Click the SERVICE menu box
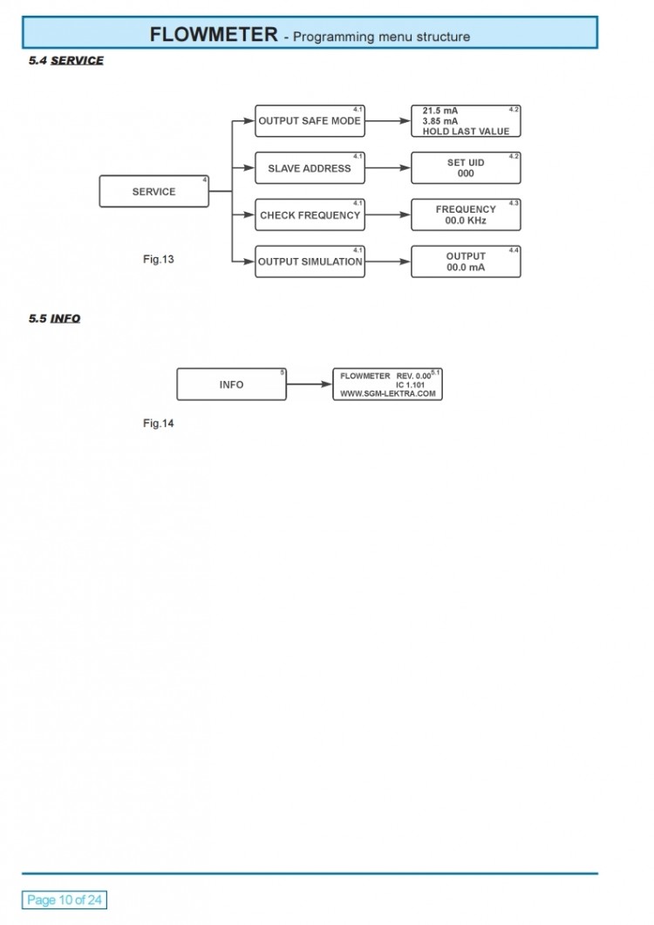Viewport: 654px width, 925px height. click(153, 192)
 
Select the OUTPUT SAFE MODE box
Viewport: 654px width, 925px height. click(310, 121)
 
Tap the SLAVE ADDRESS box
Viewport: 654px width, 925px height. click(310, 168)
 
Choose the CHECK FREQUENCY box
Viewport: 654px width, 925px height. click(310, 215)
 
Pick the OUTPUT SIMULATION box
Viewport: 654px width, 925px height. click(310, 262)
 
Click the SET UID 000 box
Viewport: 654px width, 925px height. click(466, 168)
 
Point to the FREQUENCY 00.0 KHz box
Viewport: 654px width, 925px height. click(466, 215)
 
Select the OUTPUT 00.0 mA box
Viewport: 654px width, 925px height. click(466, 262)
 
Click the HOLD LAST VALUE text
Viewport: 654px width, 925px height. click(466, 132)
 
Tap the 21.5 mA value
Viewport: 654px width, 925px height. click(440, 111)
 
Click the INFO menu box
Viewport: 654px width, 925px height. click(231, 384)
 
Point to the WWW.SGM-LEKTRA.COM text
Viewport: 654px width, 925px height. click(387, 394)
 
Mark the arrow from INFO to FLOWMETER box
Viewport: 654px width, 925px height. click(310, 384)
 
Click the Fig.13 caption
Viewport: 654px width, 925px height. click(159, 259)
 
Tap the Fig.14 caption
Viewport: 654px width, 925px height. click(159, 424)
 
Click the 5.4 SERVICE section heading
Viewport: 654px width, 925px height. click(66, 61)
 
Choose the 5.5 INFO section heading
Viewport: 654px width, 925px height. click(54, 319)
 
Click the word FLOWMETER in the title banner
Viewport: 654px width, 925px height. click(213, 35)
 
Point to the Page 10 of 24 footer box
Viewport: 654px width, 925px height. click(65, 900)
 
